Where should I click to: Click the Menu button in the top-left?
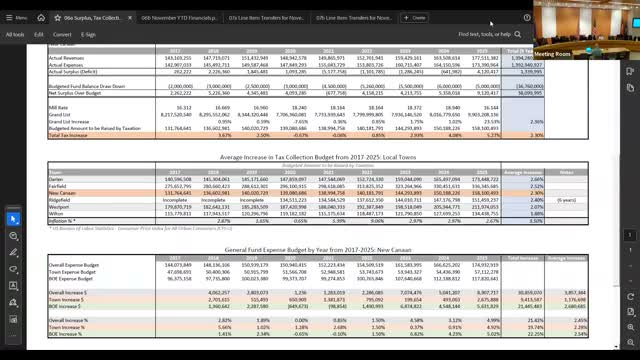tap(17, 18)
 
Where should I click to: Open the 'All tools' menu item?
tap(15, 34)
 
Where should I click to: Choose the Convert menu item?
tap(62, 34)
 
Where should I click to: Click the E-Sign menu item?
tap(88, 34)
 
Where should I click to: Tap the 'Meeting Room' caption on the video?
tap(551, 52)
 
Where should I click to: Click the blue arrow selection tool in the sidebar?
tap(13, 218)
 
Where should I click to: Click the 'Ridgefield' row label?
tap(60, 199)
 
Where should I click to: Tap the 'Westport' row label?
tap(59, 206)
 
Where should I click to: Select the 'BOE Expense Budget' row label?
tap(69, 277)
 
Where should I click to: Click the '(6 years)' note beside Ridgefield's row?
tap(566, 199)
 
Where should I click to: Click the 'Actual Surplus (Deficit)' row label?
tap(74, 72)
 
